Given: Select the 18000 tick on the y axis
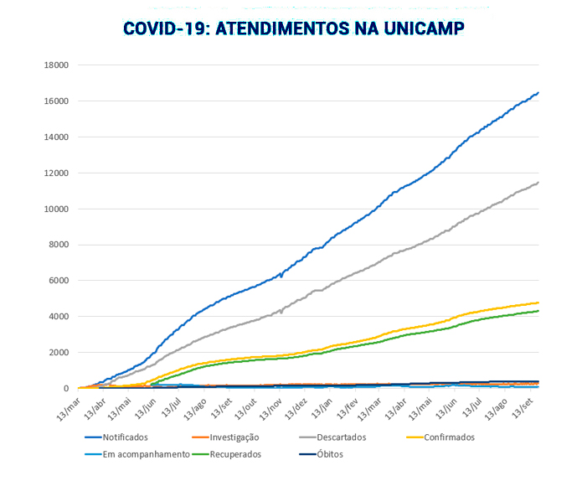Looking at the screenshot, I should click(56, 65).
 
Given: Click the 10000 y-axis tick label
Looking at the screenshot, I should click(56, 209).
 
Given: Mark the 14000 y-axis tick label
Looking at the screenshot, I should click(56, 137).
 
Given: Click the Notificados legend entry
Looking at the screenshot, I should click(125, 437).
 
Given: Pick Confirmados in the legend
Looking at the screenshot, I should click(449, 437).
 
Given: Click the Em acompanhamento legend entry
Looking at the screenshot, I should click(140, 455).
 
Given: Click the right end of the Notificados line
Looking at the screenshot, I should click(538, 92).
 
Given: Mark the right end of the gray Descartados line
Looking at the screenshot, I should click(538, 182).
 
